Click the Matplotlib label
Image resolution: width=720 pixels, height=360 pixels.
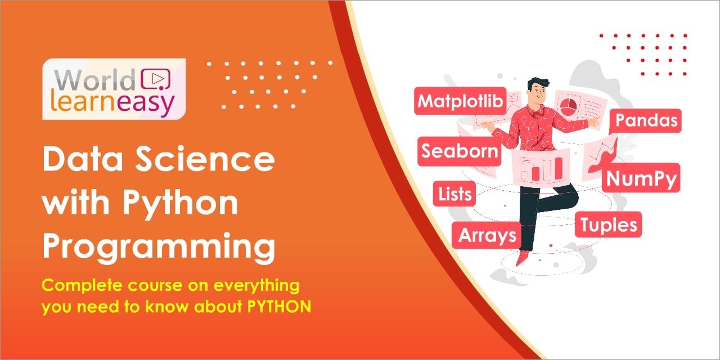click(460, 101)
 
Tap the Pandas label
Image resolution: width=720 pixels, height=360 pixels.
click(645, 120)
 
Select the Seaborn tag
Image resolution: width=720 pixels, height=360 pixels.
click(460, 151)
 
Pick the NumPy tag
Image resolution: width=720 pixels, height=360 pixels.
click(641, 178)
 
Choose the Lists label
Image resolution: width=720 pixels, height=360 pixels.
click(454, 194)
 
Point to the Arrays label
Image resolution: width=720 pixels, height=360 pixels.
click(487, 235)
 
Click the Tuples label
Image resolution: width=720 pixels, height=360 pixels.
click(608, 224)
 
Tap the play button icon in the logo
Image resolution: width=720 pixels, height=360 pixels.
click(156, 79)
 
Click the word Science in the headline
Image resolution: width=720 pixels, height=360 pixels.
click(205, 159)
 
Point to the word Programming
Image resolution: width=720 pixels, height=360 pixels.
click(159, 247)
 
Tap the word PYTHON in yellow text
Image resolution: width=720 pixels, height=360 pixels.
click(279, 307)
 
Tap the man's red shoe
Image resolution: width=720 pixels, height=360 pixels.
click(522, 258)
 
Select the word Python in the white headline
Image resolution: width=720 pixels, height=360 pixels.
click(181, 204)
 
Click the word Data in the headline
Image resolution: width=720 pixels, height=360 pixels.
click(83, 159)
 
